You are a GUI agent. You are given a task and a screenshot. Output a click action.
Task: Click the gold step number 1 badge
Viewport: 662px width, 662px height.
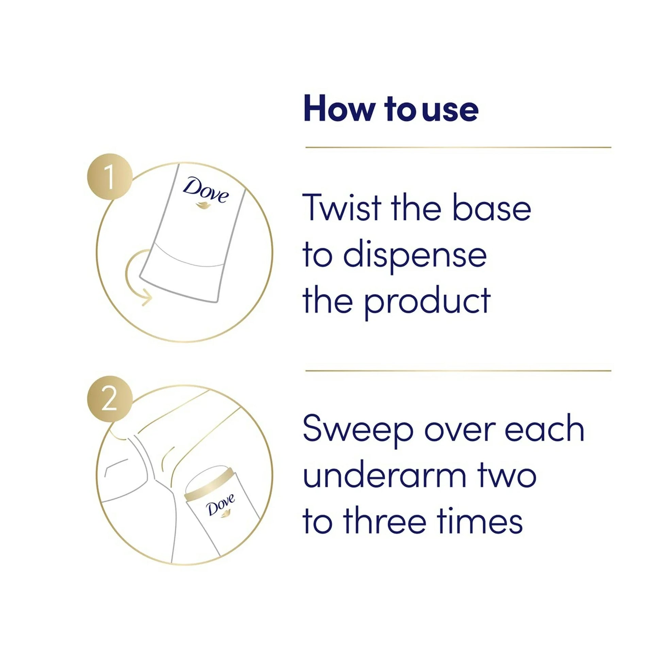pyautogui.click(x=110, y=177)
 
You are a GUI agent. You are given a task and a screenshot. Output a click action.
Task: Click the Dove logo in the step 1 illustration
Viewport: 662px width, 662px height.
pyautogui.click(x=205, y=192)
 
